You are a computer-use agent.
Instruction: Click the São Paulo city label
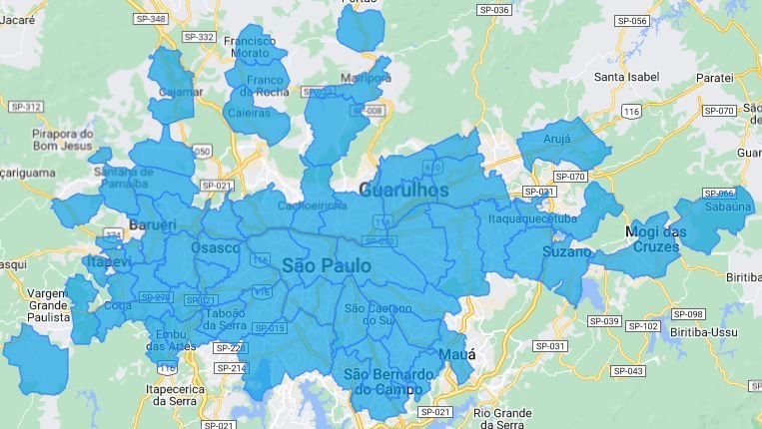click(x=326, y=265)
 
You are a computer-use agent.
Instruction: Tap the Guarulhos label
click(x=403, y=189)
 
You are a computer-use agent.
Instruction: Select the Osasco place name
click(x=215, y=246)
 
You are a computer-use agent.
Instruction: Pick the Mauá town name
click(x=455, y=355)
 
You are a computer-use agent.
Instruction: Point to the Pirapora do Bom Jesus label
click(x=62, y=140)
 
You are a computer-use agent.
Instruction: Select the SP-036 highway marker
click(x=496, y=10)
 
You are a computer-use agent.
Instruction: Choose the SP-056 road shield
click(x=632, y=20)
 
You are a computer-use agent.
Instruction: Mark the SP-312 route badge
click(x=26, y=107)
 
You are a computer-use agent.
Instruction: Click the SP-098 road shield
click(x=688, y=314)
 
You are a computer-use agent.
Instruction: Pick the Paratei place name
click(x=715, y=77)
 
